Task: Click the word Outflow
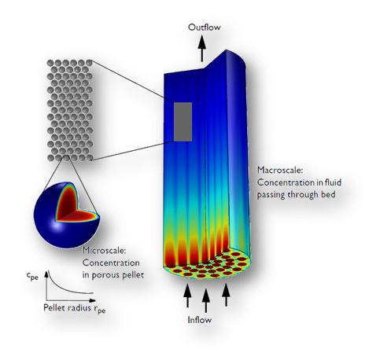point(205,28)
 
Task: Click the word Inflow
point(200,320)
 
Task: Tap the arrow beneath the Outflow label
point(202,49)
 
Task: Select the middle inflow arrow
point(206,300)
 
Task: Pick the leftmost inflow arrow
point(187,296)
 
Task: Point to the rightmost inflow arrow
point(226,295)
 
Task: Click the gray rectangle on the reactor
point(183,122)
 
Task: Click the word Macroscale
point(280,170)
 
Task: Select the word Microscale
point(105,251)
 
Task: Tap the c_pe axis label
point(32,276)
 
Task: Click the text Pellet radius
point(67,307)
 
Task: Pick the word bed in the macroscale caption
point(329,194)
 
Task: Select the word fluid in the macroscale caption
point(334,182)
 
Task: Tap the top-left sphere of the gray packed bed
point(50,63)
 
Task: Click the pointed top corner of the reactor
point(226,50)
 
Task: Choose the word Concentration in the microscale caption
point(111,263)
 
